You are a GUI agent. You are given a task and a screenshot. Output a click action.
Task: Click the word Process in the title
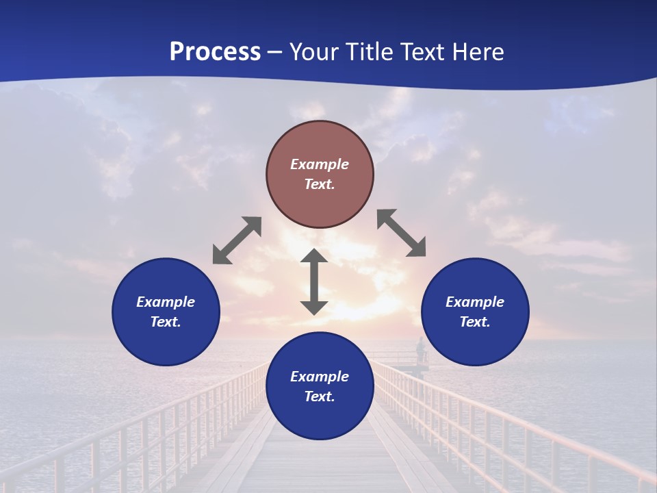coord(215,52)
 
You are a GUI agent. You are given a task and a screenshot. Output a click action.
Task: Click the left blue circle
coord(166,312)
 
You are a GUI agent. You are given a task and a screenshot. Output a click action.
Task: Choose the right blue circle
coord(475,312)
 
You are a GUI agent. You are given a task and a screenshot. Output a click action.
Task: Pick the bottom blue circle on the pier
coord(320,386)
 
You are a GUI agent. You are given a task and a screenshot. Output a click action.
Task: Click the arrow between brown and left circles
coord(237,240)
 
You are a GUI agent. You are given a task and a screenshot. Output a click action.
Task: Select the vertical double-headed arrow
coord(314,281)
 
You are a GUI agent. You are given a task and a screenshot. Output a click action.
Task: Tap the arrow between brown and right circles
coord(402,233)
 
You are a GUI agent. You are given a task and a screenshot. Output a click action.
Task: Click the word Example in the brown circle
coord(320,164)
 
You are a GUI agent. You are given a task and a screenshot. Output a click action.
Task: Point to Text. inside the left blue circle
coord(166,322)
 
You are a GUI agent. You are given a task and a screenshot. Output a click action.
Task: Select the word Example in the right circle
coord(475,302)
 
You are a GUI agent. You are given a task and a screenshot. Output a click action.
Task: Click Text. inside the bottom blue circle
coord(320,396)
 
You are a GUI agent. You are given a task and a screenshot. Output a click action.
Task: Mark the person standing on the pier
coord(420,350)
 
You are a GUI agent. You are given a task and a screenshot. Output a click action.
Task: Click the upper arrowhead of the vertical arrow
coord(314,255)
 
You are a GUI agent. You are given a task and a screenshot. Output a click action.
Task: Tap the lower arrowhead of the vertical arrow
coord(314,307)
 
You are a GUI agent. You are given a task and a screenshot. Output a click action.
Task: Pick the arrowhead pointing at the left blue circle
coord(221,255)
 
